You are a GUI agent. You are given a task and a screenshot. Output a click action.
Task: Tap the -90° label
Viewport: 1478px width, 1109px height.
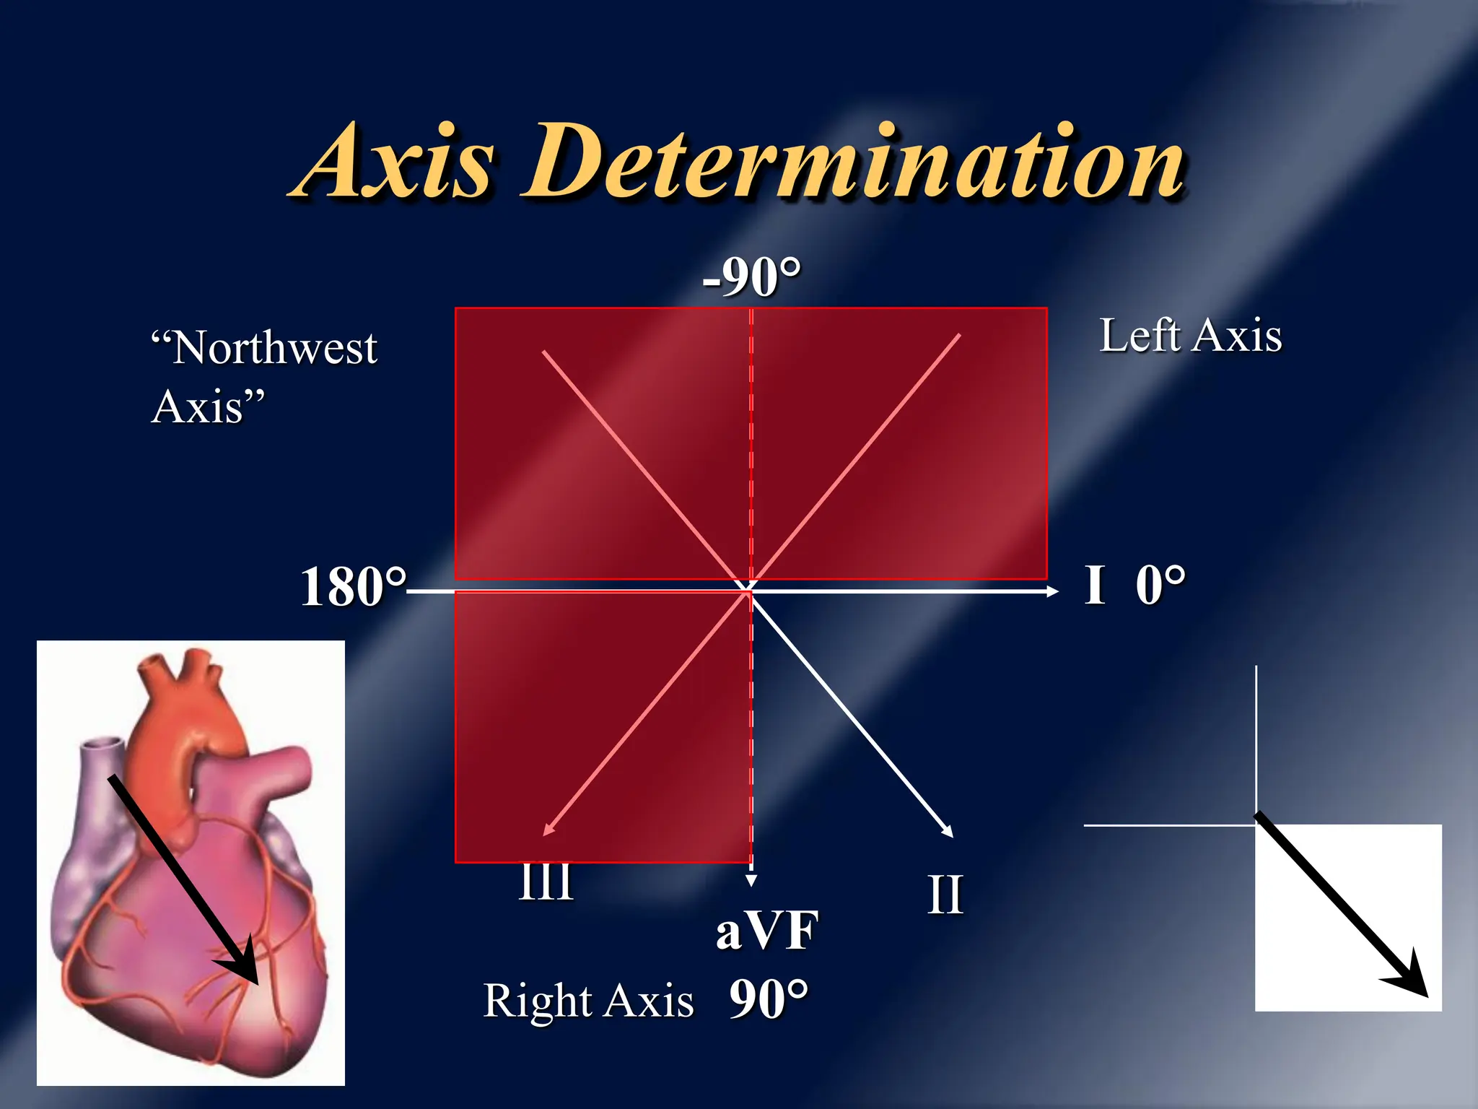coord(751,277)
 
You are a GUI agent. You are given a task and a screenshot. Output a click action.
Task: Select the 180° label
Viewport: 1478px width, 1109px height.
coord(353,587)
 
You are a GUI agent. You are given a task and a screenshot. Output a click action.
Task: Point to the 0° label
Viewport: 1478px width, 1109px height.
coord(1160,585)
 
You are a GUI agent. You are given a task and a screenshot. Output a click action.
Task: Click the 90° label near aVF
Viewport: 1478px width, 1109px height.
coord(769,1000)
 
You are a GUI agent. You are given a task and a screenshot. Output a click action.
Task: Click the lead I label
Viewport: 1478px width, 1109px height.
coord(1095,585)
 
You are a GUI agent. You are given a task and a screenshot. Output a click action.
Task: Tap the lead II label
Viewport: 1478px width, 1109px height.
coord(945,895)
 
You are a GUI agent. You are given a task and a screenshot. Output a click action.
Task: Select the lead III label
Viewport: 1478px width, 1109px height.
coord(546,882)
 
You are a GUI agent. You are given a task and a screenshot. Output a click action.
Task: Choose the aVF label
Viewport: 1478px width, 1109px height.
coord(767,931)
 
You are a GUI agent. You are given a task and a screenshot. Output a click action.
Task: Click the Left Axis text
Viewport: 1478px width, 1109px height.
coord(1191,336)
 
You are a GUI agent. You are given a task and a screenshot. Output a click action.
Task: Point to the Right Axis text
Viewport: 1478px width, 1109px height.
coord(588,1001)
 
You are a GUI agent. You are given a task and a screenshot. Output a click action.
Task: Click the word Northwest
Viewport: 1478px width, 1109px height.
coord(274,349)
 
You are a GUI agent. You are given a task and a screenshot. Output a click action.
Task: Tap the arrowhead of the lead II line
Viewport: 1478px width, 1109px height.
coord(948,832)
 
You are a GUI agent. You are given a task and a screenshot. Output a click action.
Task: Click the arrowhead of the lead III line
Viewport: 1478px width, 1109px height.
coord(548,831)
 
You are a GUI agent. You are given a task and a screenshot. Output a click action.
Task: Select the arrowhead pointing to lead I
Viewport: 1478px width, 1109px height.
coord(1053,591)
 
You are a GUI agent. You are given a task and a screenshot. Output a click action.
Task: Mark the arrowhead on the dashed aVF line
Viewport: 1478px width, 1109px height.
coord(751,881)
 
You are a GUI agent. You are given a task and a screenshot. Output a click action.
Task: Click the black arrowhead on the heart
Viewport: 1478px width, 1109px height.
coord(245,965)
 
